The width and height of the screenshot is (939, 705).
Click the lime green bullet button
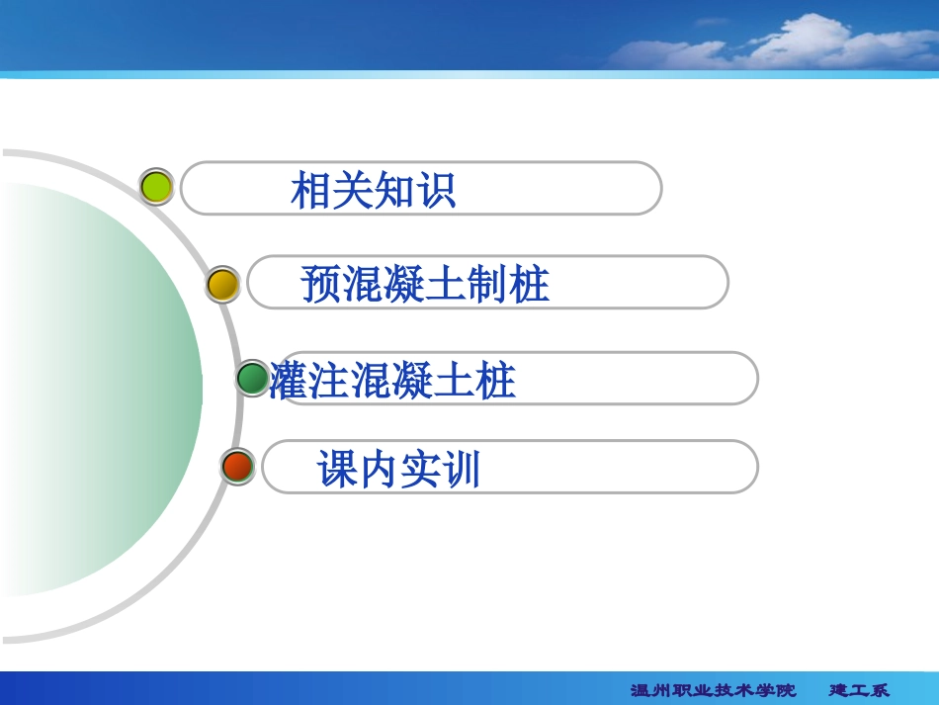click(x=156, y=186)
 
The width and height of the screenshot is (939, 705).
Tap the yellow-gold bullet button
click(x=223, y=285)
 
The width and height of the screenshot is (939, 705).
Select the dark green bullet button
click(x=253, y=378)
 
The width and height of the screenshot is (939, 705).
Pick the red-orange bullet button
click(x=237, y=466)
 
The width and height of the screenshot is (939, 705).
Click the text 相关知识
click(x=374, y=190)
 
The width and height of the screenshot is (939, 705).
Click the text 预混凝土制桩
click(x=425, y=285)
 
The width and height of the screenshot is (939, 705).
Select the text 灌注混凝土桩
click(x=393, y=381)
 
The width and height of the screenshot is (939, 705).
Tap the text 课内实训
click(x=398, y=470)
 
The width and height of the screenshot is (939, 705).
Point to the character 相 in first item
click(x=311, y=190)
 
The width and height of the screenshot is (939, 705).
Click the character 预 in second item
click(x=321, y=285)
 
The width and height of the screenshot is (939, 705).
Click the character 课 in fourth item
click(x=337, y=470)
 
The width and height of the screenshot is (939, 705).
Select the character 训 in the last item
click(x=461, y=470)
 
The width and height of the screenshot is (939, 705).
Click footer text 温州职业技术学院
click(x=713, y=690)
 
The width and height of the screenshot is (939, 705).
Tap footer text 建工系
click(x=858, y=690)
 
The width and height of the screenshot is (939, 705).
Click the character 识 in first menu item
click(x=436, y=190)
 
